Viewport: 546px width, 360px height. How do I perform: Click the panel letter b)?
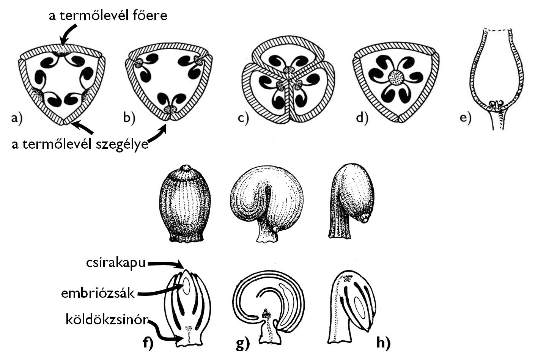[x=129, y=118]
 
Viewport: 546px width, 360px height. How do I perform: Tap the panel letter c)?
[x=243, y=118]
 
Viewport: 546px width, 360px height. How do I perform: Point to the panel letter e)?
[x=465, y=118]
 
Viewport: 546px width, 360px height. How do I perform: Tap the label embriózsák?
[x=98, y=292]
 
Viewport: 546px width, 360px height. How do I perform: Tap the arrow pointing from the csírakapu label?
[x=166, y=263]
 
